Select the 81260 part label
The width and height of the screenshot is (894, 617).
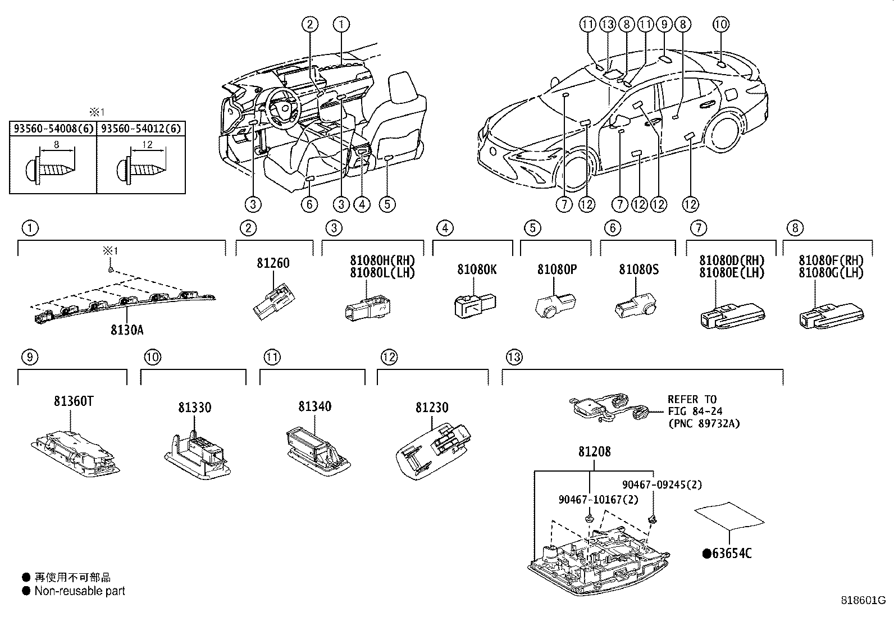coord(273,263)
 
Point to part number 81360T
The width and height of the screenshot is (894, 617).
coord(74,401)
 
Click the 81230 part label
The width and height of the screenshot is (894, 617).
coord(432,407)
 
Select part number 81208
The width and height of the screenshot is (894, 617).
coord(594,451)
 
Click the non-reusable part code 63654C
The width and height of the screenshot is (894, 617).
coord(727,554)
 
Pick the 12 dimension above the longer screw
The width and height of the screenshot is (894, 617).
coord(147,144)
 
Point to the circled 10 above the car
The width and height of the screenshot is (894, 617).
coord(721,24)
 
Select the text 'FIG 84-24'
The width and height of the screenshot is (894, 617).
coord(695,412)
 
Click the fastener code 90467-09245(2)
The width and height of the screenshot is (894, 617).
coord(662,484)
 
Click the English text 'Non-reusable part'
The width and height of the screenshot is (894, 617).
coord(80,591)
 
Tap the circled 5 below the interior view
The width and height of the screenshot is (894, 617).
coord(387,204)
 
